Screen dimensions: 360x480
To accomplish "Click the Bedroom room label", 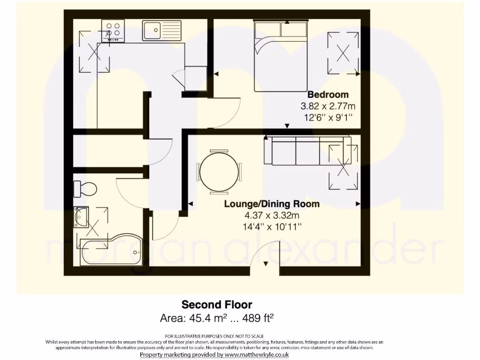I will (328, 95).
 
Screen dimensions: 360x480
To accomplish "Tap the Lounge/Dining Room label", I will (272, 204).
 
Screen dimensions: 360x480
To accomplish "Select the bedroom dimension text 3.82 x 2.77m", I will (328, 106).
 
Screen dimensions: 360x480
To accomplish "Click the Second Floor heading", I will (217, 305).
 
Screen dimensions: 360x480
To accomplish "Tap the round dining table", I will (219, 172).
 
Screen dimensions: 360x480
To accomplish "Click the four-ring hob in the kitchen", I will (113, 31).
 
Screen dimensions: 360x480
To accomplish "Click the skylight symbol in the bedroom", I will (344, 53).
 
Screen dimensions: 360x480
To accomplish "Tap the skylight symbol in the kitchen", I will (95, 52).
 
